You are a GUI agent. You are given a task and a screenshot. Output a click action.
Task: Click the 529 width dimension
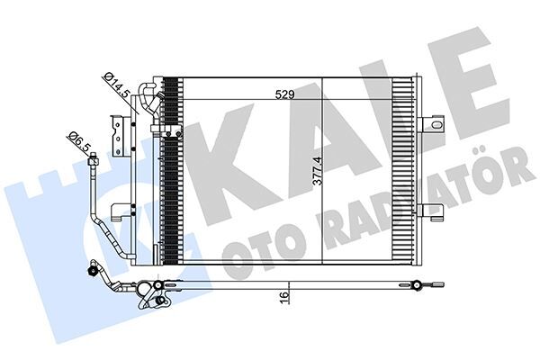(x=284, y=93)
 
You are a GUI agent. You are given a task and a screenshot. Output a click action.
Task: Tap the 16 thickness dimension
(x=283, y=296)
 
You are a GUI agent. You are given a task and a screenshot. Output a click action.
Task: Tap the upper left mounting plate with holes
(x=116, y=135)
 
